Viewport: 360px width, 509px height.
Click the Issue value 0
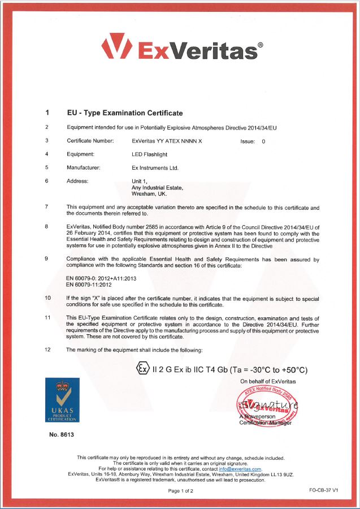pyautogui.click(x=263, y=141)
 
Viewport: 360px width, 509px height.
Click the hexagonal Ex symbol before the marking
pyautogui.click(x=141, y=369)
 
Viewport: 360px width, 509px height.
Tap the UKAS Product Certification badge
pyautogui.click(x=63, y=401)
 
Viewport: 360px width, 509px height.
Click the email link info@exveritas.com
pyautogui.click(x=240, y=469)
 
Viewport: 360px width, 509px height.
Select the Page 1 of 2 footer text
pyautogui.click(x=180, y=491)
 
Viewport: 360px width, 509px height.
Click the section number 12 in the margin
pyautogui.click(x=47, y=350)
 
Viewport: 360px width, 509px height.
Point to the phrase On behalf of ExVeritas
pyautogui.click(x=268, y=382)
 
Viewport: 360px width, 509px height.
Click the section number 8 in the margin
pyautogui.click(x=46, y=226)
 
